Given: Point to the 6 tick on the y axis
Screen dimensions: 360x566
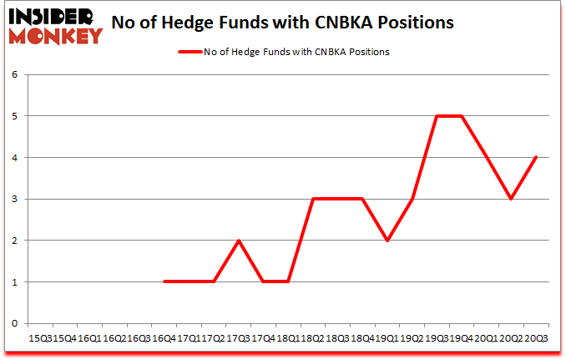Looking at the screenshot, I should [14, 74].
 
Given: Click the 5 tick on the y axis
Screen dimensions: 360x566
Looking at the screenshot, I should [14, 116].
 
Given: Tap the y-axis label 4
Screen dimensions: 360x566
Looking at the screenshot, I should [14, 157].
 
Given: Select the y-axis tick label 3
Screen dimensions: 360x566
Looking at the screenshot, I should [14, 199].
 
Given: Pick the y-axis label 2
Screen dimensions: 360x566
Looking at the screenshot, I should [14, 241].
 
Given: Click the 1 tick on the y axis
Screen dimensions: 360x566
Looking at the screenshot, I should [14, 281].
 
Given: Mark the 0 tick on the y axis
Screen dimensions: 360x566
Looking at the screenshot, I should [14, 323].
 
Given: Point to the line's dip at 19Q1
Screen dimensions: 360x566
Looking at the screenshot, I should [387, 241].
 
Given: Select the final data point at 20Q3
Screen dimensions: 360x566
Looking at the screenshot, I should [535, 157].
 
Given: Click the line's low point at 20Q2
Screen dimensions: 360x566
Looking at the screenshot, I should [510, 199].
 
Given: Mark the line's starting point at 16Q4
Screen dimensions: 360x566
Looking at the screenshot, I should [164, 281].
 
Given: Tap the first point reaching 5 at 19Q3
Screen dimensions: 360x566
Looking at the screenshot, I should [436, 116].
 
